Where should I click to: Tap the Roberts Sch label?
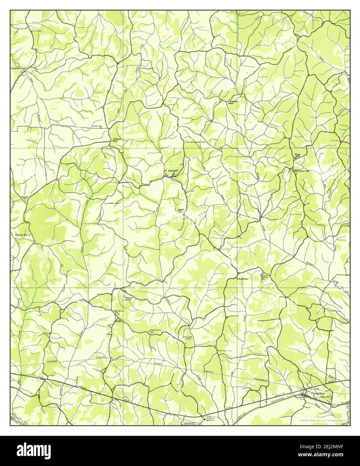(x=117, y=140)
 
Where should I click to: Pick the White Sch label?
(x=297, y=155)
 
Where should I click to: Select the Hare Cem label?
(x=97, y=126)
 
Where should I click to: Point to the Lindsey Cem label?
(x=113, y=203)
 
